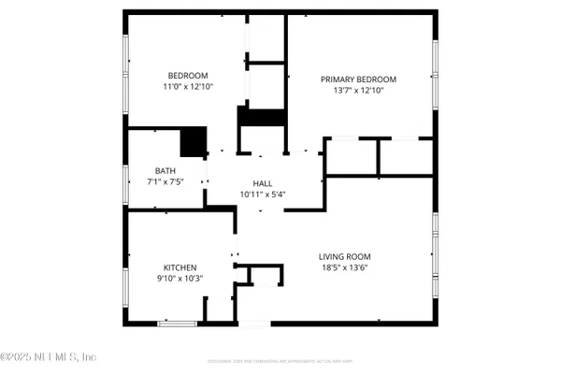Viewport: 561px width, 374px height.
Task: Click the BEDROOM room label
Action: (188, 76)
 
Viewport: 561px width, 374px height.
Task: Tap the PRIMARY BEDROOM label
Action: (358, 79)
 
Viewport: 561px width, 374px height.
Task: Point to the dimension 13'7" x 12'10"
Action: (358, 92)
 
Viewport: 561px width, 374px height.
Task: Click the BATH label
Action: (165, 171)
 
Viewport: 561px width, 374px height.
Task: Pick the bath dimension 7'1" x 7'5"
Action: (165, 182)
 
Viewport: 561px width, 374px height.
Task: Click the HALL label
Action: (263, 183)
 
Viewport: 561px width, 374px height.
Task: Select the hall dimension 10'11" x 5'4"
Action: (263, 194)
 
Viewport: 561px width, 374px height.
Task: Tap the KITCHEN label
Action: (180, 266)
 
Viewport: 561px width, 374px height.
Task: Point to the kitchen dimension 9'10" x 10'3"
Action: (180, 279)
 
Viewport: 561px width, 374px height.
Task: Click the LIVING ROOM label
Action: (346, 256)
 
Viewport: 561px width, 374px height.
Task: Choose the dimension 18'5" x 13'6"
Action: (346, 268)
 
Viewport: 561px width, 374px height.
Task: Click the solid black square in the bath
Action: (194, 141)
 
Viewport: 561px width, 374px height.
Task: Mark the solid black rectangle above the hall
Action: (261, 117)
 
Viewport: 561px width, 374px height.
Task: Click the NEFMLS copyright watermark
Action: (49, 356)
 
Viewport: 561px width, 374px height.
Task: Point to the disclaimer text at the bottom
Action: (280, 360)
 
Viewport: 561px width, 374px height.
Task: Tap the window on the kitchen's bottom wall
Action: (177, 324)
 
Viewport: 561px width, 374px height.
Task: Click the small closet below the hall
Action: (265, 275)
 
